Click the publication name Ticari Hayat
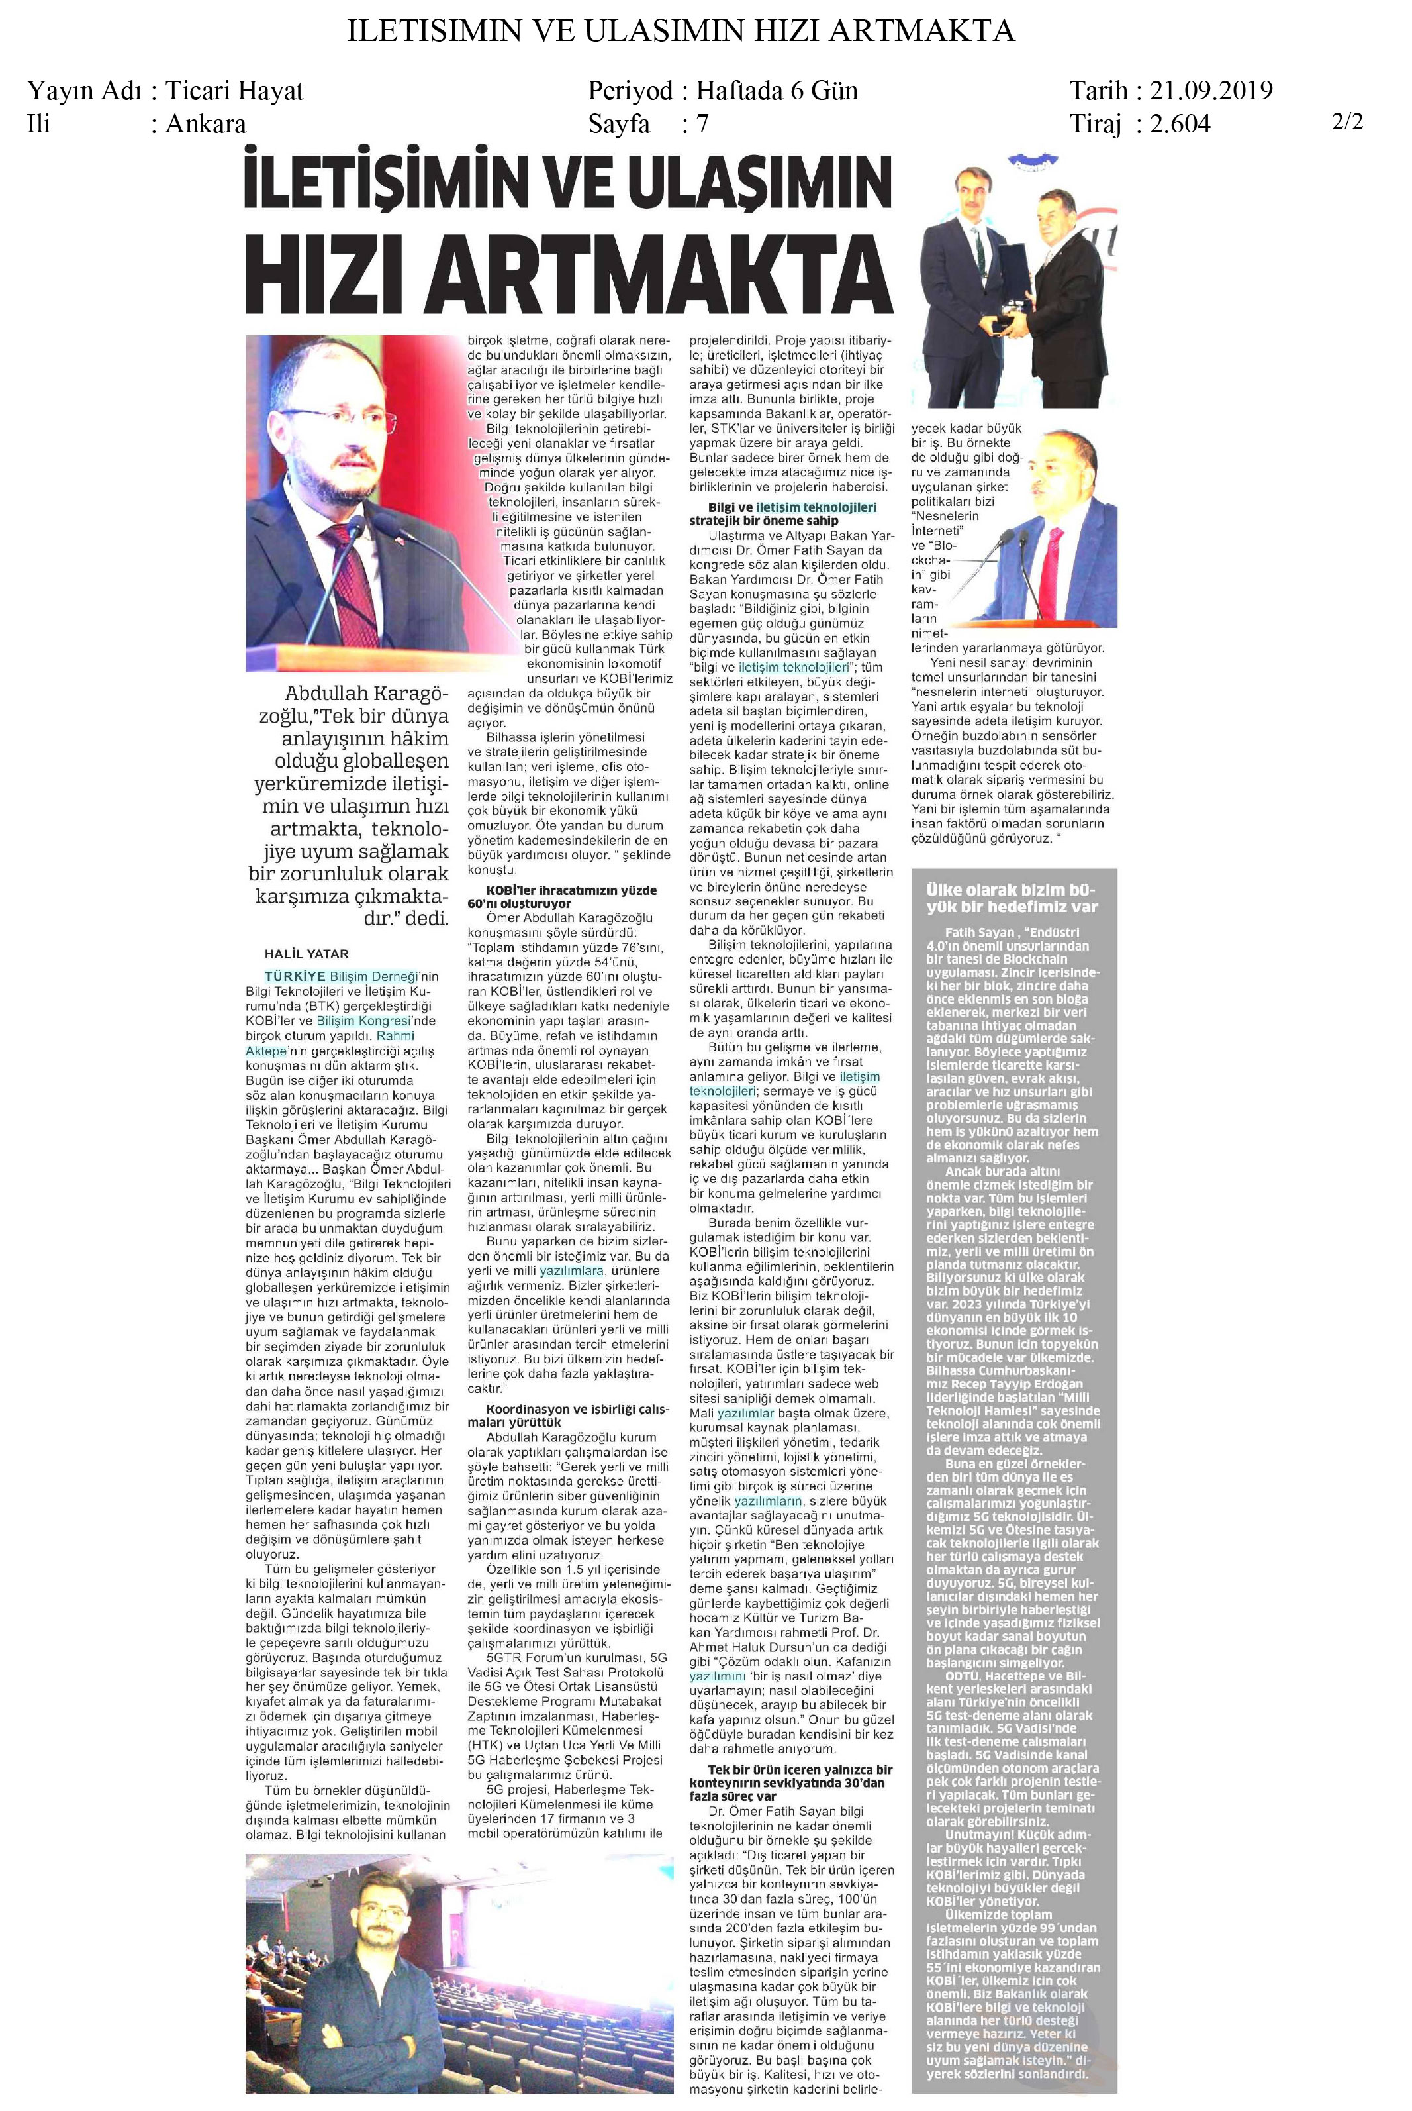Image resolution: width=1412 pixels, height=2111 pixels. (x=234, y=90)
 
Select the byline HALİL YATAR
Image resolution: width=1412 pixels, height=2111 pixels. (x=306, y=953)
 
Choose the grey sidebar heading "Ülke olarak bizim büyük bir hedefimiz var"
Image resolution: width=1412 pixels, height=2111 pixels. (x=1012, y=898)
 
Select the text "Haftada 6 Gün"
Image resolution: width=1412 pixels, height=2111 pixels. (x=777, y=90)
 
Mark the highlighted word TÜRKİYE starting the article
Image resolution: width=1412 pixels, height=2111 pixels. (x=295, y=976)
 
